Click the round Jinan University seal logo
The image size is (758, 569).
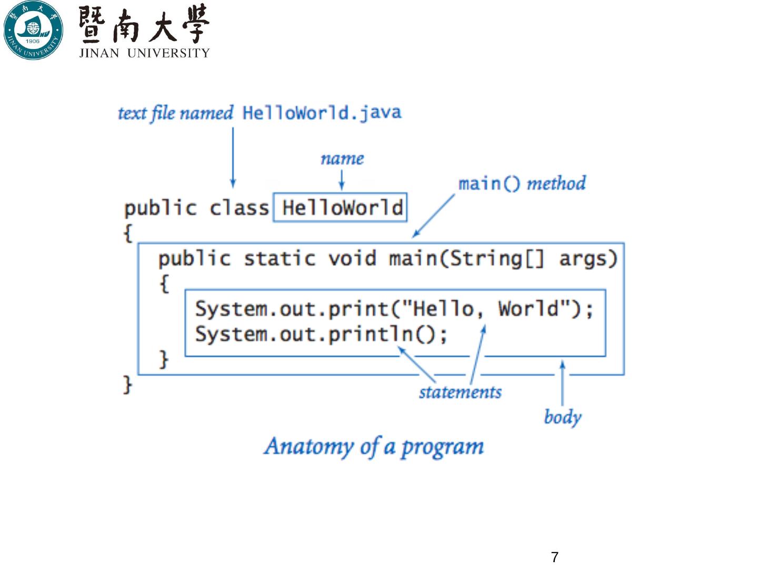pos(33,30)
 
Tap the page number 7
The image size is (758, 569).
pos(554,557)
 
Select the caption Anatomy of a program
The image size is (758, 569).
pos(374,447)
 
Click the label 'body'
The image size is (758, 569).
pos(562,417)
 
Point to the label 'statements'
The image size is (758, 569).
pos(460,392)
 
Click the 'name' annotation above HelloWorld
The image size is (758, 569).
pos(342,159)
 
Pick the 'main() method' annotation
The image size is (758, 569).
pos(522,183)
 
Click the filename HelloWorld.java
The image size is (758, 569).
pos(322,113)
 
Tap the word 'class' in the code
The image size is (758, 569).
pos(239,208)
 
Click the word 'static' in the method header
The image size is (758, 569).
pos(280,259)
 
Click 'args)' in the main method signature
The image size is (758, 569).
pos(588,259)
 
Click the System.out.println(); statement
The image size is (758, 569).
pos(321,334)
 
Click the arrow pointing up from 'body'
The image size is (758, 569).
pos(562,382)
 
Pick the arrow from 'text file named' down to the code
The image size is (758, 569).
pos(233,158)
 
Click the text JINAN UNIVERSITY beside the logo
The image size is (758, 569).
pos(144,53)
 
